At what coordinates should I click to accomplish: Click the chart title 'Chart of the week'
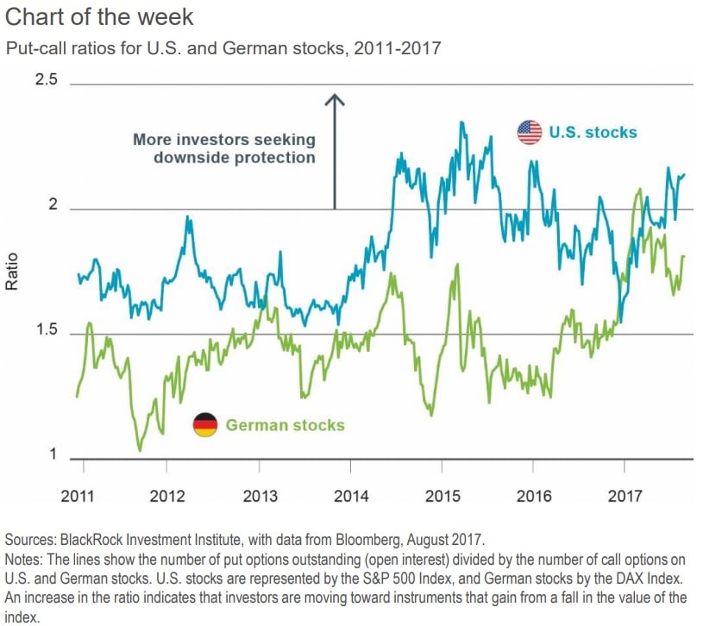point(99,16)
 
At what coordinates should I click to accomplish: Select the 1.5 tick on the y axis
point(45,332)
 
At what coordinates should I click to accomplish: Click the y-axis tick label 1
point(53,456)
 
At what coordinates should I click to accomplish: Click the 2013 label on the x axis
point(261,497)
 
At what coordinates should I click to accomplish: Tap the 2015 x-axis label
point(443,497)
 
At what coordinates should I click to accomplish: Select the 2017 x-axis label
point(625,497)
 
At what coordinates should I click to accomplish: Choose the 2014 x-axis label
point(351,497)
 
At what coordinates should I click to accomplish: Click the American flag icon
point(529,132)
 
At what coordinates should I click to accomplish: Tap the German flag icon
point(204,424)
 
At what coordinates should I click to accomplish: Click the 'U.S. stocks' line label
point(593,132)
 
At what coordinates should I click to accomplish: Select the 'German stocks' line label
point(285,425)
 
